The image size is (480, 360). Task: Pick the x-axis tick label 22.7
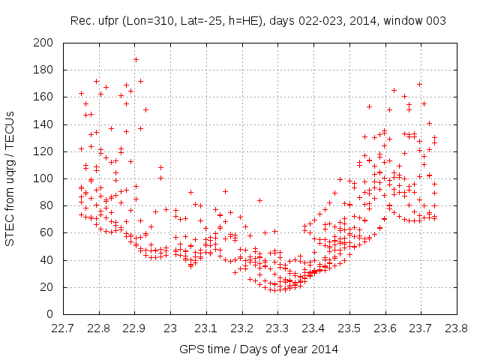63,328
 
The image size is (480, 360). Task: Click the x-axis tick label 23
170,328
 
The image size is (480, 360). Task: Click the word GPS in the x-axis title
191,349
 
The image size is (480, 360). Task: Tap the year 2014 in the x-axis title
325,349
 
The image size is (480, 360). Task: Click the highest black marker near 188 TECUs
136,59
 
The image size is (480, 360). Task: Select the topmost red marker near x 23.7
419,84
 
